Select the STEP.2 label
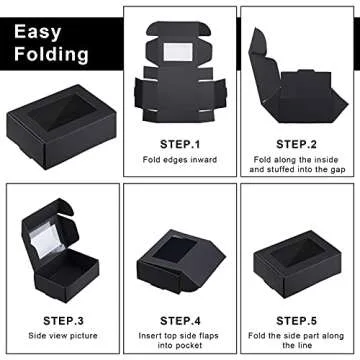[297, 144]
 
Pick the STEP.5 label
[297, 319]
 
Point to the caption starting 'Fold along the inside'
[297, 161]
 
